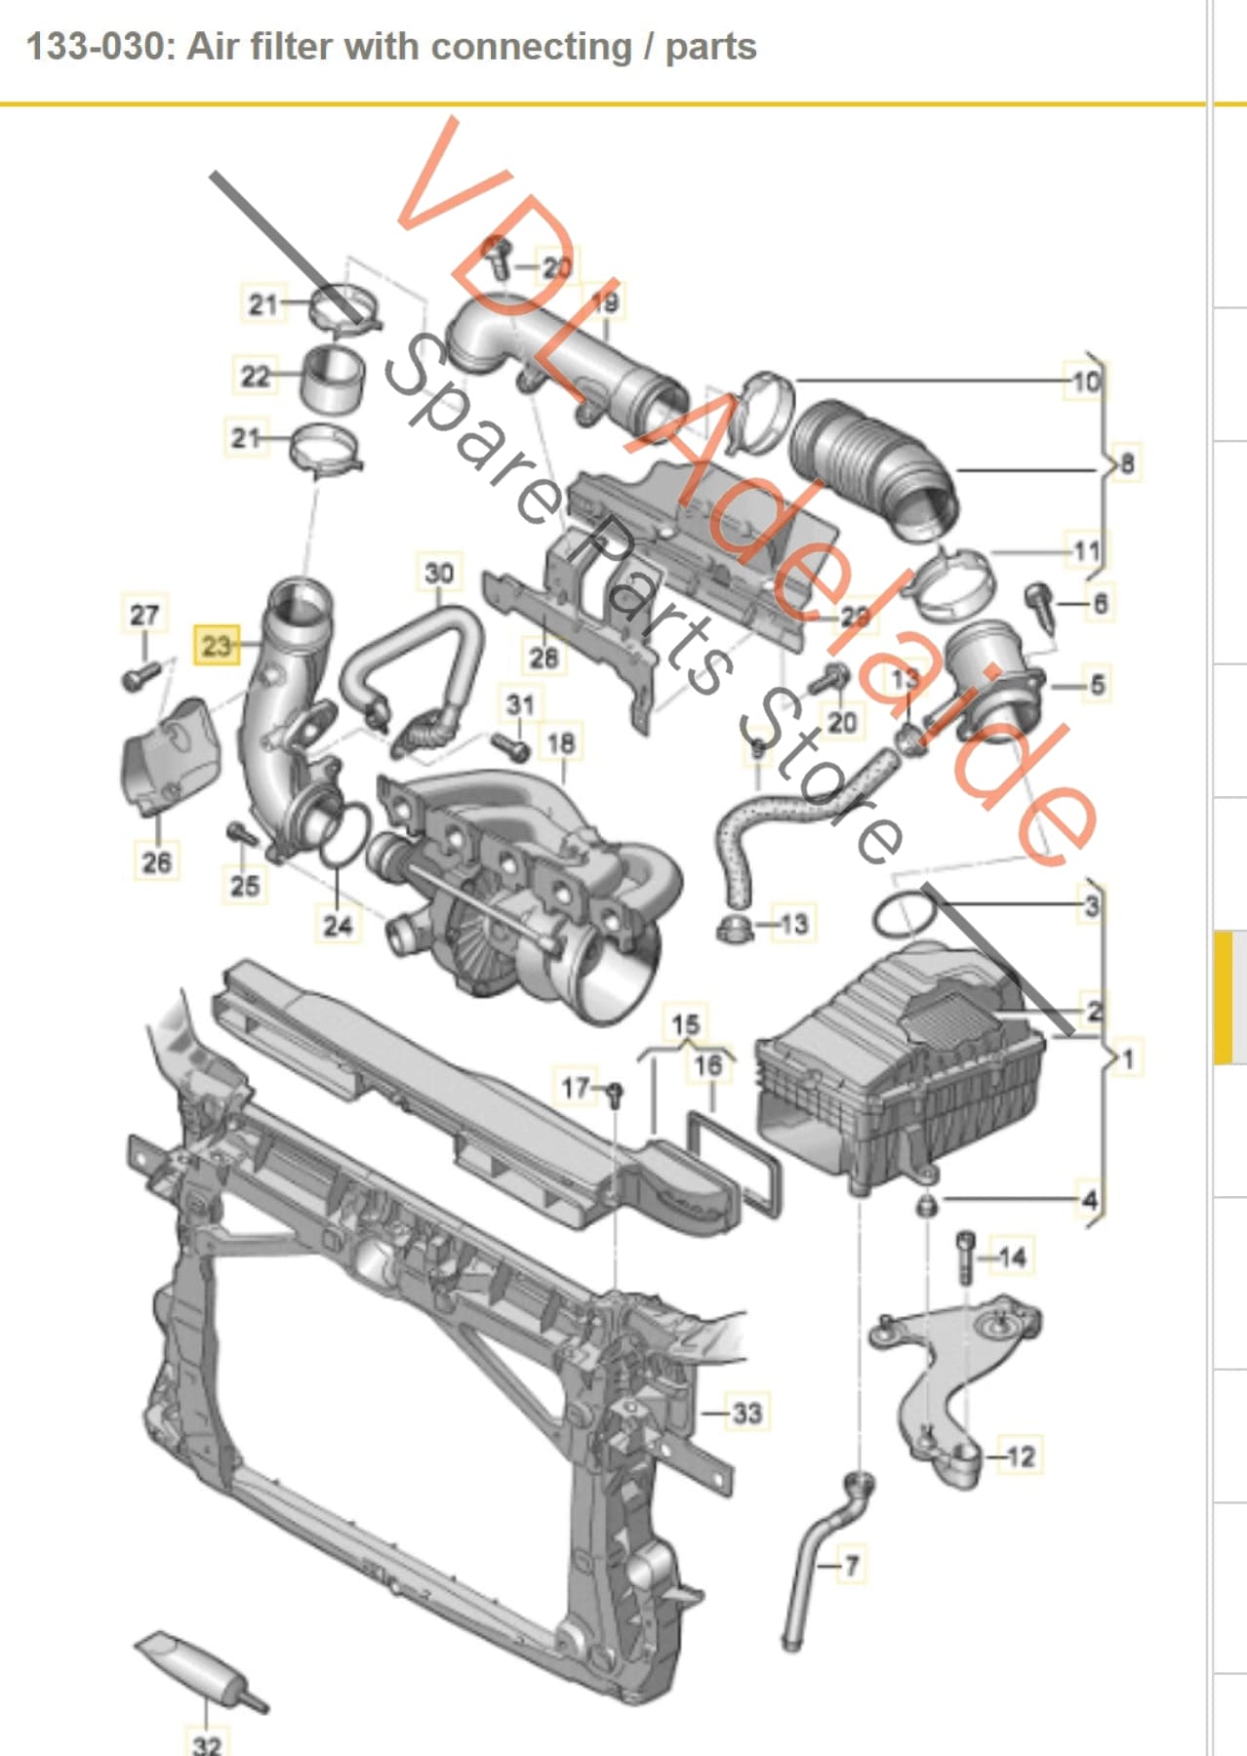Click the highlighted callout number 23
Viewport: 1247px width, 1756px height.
tap(217, 645)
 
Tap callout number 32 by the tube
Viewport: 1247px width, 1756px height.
tap(207, 1742)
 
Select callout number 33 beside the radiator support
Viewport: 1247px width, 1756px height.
tap(746, 1412)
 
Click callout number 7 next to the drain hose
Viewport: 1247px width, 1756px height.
tap(851, 1566)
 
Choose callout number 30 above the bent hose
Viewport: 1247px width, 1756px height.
tap(439, 573)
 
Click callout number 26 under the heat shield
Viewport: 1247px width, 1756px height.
tap(156, 861)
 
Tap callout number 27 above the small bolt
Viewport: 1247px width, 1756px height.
tap(143, 615)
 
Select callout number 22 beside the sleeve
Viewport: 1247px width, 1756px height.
tap(255, 376)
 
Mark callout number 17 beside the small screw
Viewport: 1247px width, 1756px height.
tap(576, 1087)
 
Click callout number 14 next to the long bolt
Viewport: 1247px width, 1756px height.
tap(1012, 1257)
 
